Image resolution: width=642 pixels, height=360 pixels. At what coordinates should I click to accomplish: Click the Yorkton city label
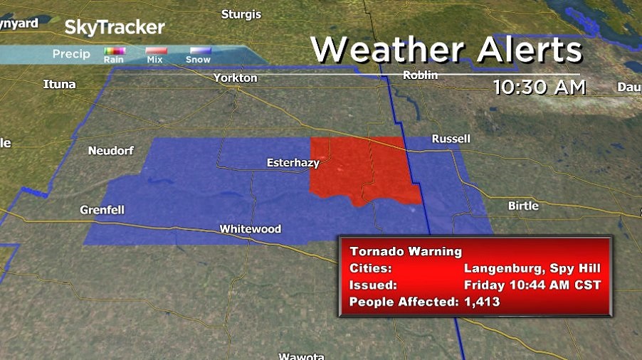tap(235, 78)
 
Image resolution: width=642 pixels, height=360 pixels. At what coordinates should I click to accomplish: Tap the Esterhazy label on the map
tap(293, 163)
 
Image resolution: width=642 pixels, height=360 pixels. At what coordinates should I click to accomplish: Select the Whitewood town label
tap(250, 229)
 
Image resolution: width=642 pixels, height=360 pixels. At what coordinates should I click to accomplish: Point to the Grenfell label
tap(102, 211)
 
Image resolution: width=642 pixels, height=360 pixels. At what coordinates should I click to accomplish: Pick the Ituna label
tap(59, 85)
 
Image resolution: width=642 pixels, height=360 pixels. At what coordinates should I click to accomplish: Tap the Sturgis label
tap(241, 14)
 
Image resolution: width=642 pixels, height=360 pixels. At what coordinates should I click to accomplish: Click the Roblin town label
tap(420, 75)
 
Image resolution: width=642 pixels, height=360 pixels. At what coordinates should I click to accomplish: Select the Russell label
tap(451, 139)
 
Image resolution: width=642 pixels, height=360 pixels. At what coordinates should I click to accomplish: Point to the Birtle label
tap(523, 206)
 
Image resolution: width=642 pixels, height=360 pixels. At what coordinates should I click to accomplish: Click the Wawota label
tap(302, 356)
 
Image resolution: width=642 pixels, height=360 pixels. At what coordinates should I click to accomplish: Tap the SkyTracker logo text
tap(115, 28)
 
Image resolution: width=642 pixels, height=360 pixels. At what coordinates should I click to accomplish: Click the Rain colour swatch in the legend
tap(114, 51)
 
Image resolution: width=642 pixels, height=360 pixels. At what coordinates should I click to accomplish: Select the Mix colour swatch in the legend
tap(156, 51)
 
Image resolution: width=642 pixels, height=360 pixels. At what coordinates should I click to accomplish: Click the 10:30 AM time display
tap(540, 87)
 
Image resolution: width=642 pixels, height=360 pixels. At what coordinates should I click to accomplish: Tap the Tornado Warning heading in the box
tap(406, 251)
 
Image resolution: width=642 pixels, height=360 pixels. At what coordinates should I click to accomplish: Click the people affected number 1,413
tap(482, 302)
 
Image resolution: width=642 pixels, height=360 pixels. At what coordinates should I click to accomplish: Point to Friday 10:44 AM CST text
tap(532, 285)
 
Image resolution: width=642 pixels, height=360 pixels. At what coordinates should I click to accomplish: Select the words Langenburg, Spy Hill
tap(532, 268)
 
